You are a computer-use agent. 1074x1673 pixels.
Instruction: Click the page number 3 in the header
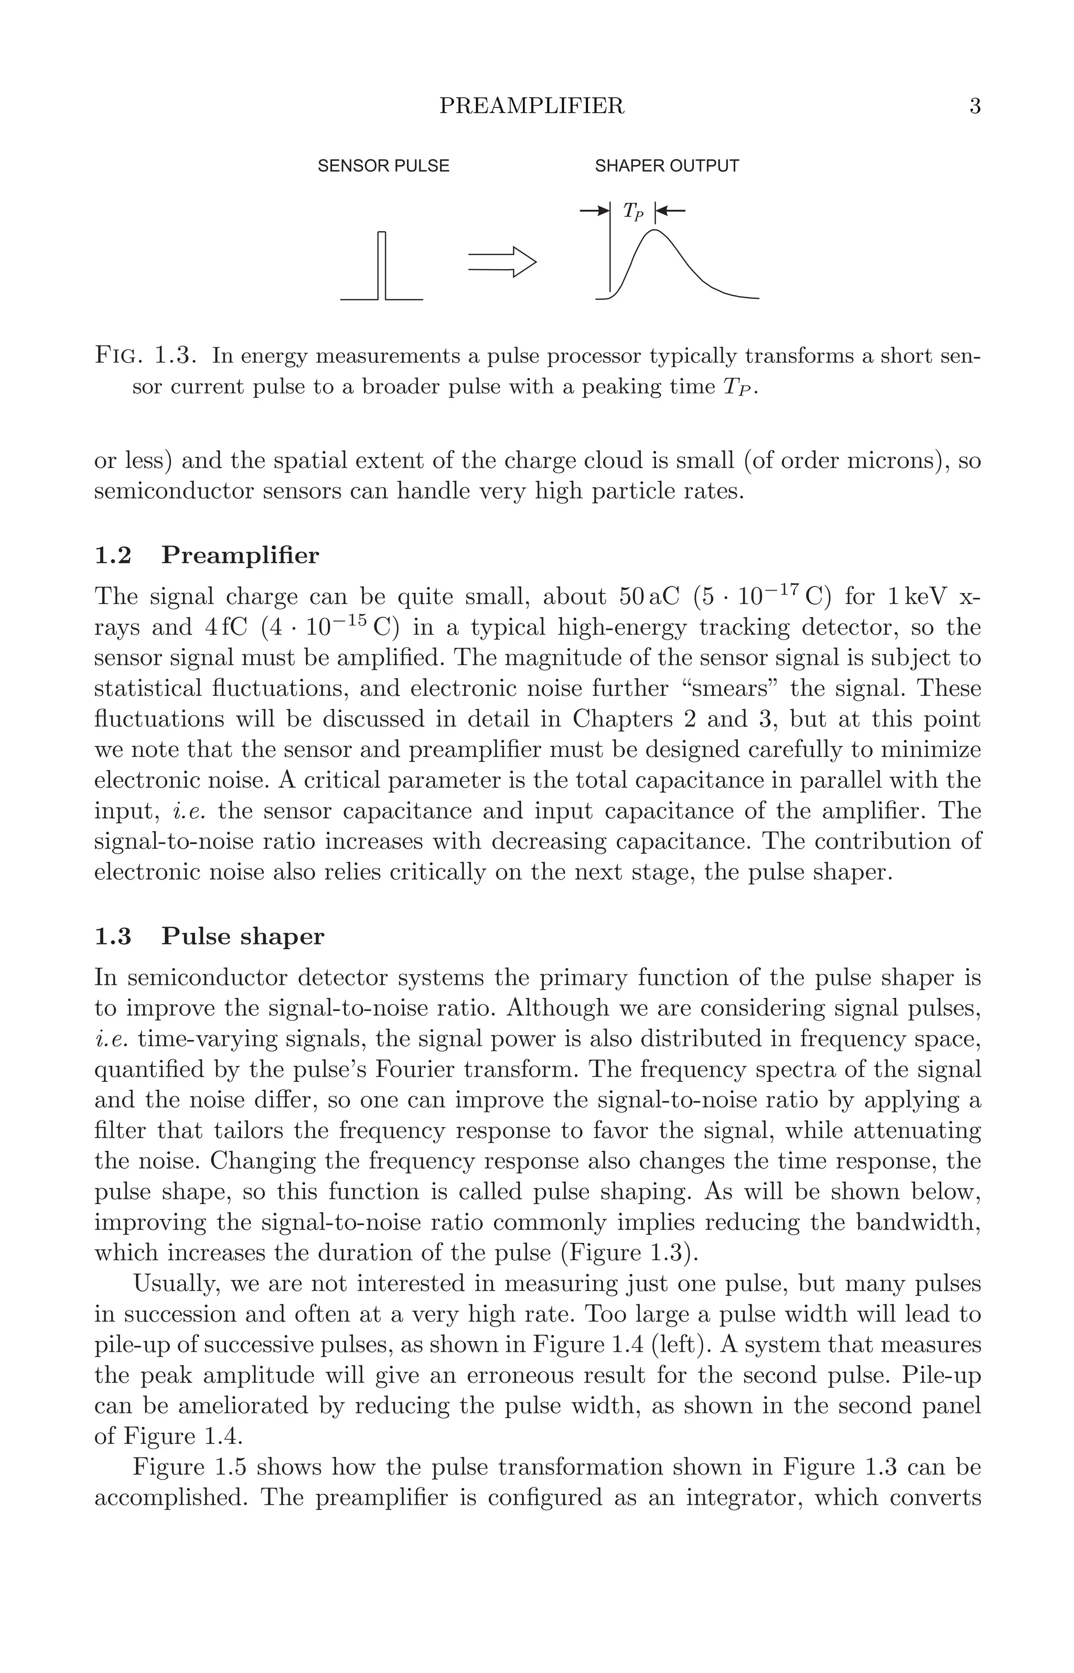(975, 106)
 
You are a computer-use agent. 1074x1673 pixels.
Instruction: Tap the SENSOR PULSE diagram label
(383, 166)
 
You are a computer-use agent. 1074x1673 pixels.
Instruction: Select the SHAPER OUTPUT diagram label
(667, 166)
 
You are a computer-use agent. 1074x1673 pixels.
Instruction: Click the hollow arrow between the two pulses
(502, 262)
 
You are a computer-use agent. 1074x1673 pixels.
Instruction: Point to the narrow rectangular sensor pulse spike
(381, 265)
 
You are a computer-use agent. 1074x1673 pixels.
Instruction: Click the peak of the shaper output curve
(654, 230)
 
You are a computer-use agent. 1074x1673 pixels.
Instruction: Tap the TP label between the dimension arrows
(632, 211)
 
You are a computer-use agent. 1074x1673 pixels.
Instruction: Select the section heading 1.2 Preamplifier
(207, 556)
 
